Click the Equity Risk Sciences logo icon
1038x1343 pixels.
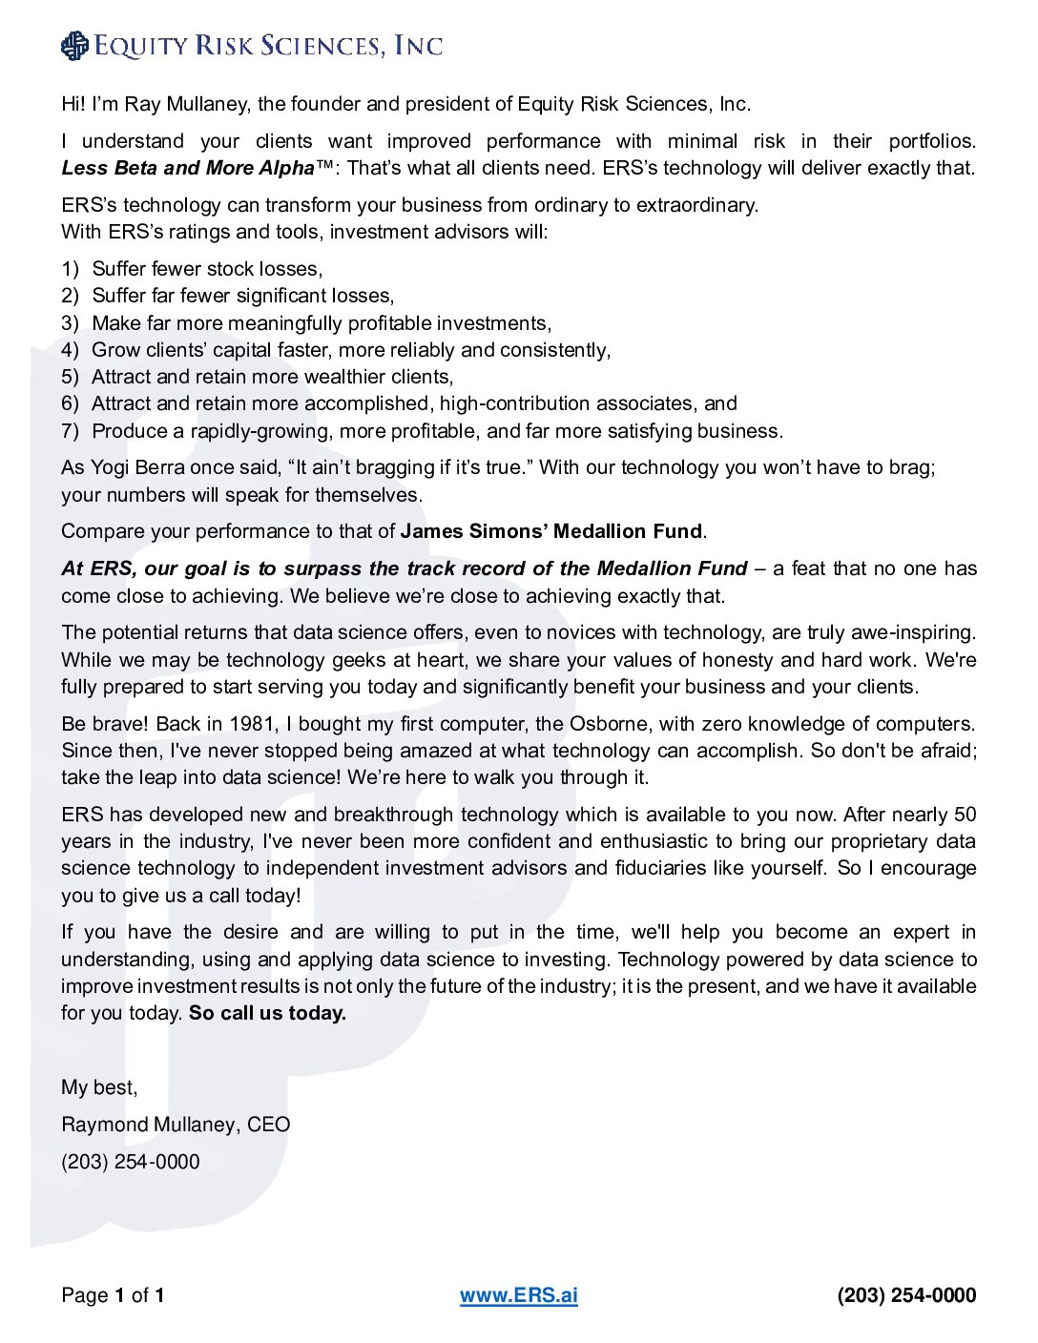[73, 46]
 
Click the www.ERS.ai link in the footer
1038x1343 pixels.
[518, 1295]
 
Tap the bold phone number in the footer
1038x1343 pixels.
[906, 1295]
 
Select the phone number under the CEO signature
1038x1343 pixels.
[131, 1162]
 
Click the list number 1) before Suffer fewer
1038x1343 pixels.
[70, 269]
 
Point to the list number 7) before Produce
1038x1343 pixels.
[70, 431]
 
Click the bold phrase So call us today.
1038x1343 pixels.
[267, 1013]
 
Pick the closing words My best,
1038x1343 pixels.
[99, 1087]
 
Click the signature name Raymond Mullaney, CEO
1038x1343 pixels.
[176, 1125]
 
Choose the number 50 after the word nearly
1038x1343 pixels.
[965, 815]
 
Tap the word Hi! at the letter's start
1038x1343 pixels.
[73, 104]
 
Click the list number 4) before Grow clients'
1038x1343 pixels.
[70, 350]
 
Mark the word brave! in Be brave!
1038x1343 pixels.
[120, 724]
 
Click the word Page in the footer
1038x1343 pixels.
[85, 1295]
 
